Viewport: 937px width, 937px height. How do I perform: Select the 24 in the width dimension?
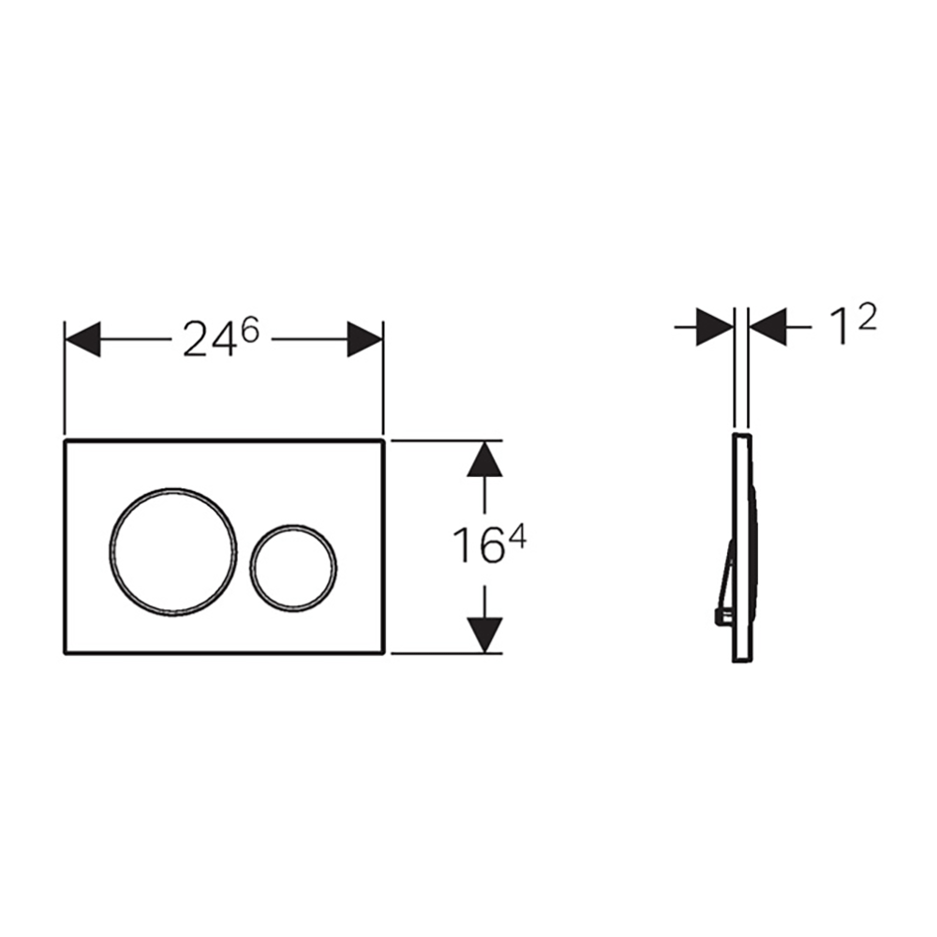tap(206, 340)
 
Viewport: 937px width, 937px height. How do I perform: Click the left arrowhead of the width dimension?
tap(82, 339)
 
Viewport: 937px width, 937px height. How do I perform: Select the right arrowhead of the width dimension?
tap(364, 339)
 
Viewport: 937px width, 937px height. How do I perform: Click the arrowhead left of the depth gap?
tap(715, 327)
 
